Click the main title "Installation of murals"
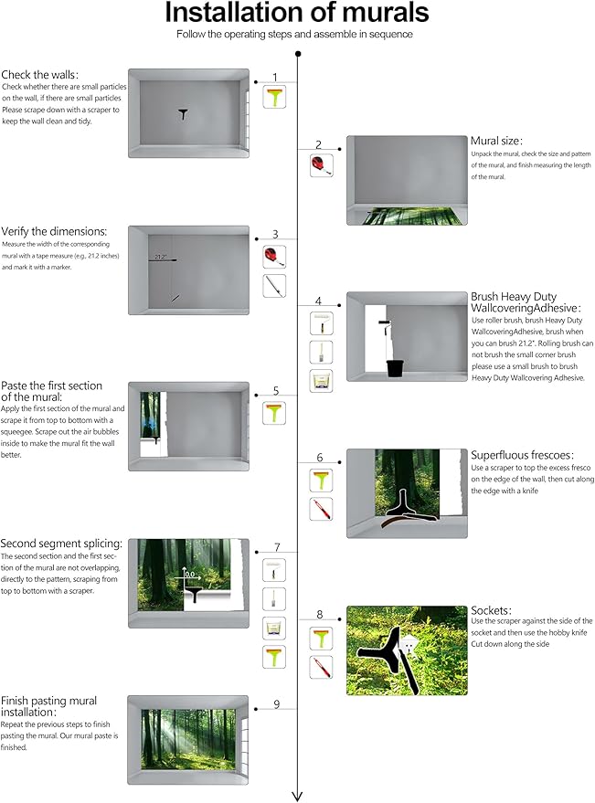(x=296, y=13)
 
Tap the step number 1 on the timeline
(x=275, y=78)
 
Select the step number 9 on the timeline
(x=275, y=704)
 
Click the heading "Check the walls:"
(x=39, y=74)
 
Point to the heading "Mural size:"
(x=496, y=141)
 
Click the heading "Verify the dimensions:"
(x=54, y=231)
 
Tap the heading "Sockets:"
(x=491, y=609)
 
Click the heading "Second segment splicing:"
(x=62, y=544)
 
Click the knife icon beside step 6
(x=321, y=509)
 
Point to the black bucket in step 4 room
(x=395, y=367)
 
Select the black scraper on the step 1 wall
(x=184, y=113)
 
